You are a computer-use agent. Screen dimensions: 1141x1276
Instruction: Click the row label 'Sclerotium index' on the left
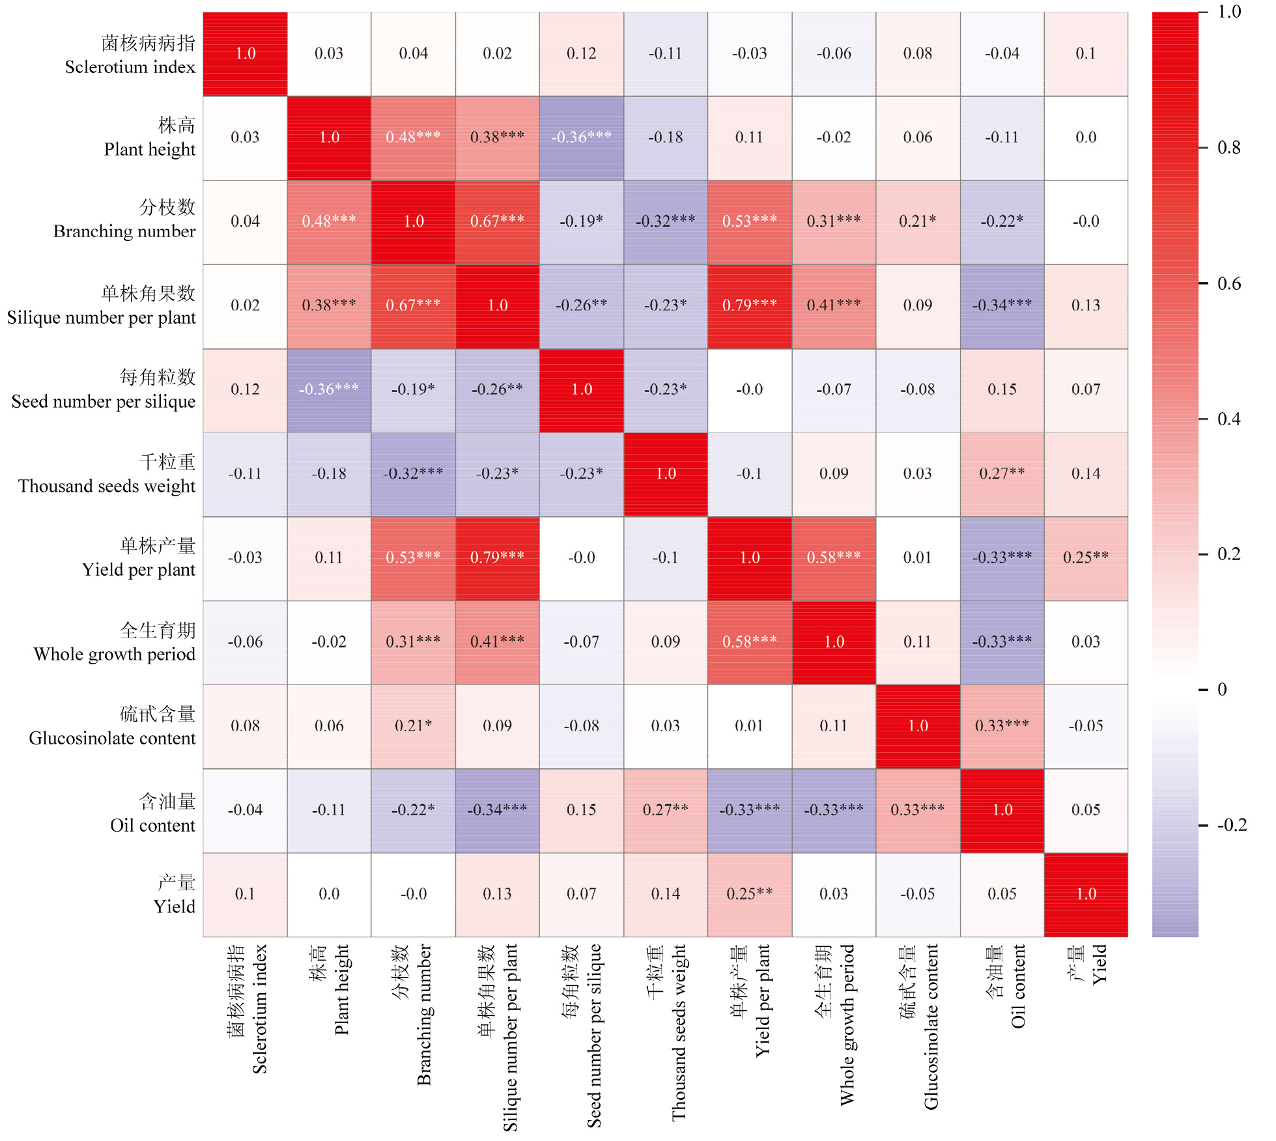coord(130,67)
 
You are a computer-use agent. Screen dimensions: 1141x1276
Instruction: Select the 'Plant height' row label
coord(149,150)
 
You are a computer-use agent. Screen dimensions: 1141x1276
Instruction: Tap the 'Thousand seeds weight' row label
coord(107,486)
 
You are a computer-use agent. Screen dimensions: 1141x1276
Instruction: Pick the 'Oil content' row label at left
coord(152,826)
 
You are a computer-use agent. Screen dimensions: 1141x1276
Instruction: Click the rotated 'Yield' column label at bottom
coord(1099,964)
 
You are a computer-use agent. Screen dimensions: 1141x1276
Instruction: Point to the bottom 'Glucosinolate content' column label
coord(931,1026)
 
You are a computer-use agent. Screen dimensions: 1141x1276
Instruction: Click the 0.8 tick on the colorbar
coord(1229,148)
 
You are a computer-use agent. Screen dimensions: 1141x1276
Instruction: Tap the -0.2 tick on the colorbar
coord(1232,825)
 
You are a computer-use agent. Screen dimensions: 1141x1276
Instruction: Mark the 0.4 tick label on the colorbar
coord(1229,419)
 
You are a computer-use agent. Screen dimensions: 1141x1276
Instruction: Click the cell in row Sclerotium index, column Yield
coord(1086,54)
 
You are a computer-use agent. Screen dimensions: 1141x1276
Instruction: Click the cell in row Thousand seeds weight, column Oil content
coord(1002,474)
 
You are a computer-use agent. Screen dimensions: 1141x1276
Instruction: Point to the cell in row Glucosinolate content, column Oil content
coord(1002,726)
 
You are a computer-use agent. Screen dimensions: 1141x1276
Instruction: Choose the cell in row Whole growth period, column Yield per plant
coord(750,642)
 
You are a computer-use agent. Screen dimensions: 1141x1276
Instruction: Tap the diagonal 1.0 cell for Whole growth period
coord(834,642)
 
